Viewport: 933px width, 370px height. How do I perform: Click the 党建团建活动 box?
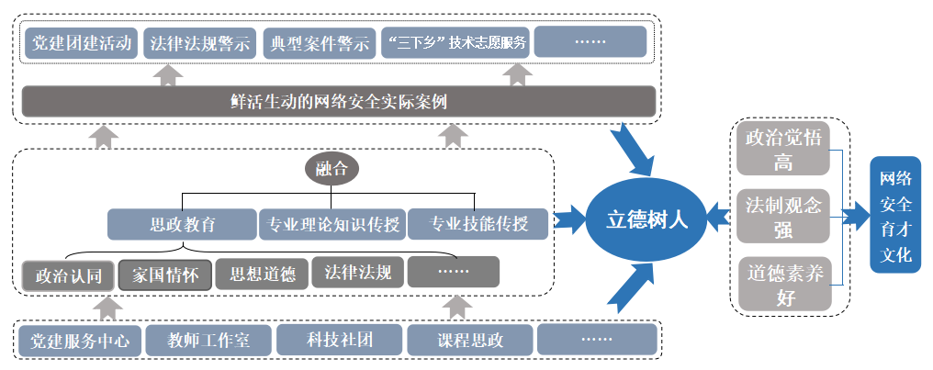[x=82, y=43]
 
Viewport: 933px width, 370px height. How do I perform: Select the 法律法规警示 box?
[x=199, y=43]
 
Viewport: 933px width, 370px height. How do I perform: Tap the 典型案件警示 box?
[x=319, y=43]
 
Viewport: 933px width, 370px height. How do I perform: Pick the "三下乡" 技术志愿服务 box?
[x=455, y=43]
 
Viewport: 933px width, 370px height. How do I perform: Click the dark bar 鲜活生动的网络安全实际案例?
[x=338, y=100]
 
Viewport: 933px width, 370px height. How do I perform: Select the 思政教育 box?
[x=182, y=223]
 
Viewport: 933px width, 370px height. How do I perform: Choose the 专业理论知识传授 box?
[x=332, y=223]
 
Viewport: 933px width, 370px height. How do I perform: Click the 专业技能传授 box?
[x=478, y=223]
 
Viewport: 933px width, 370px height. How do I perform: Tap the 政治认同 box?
[x=69, y=274]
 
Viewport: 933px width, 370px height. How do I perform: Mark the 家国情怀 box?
[x=165, y=274]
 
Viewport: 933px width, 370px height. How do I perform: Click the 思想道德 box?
[x=262, y=274]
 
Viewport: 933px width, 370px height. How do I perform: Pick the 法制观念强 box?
[x=783, y=217]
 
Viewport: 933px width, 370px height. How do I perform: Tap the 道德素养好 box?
[x=783, y=285]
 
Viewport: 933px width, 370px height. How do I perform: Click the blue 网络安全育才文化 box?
[x=895, y=217]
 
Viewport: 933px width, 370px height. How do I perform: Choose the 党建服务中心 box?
[x=79, y=342]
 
